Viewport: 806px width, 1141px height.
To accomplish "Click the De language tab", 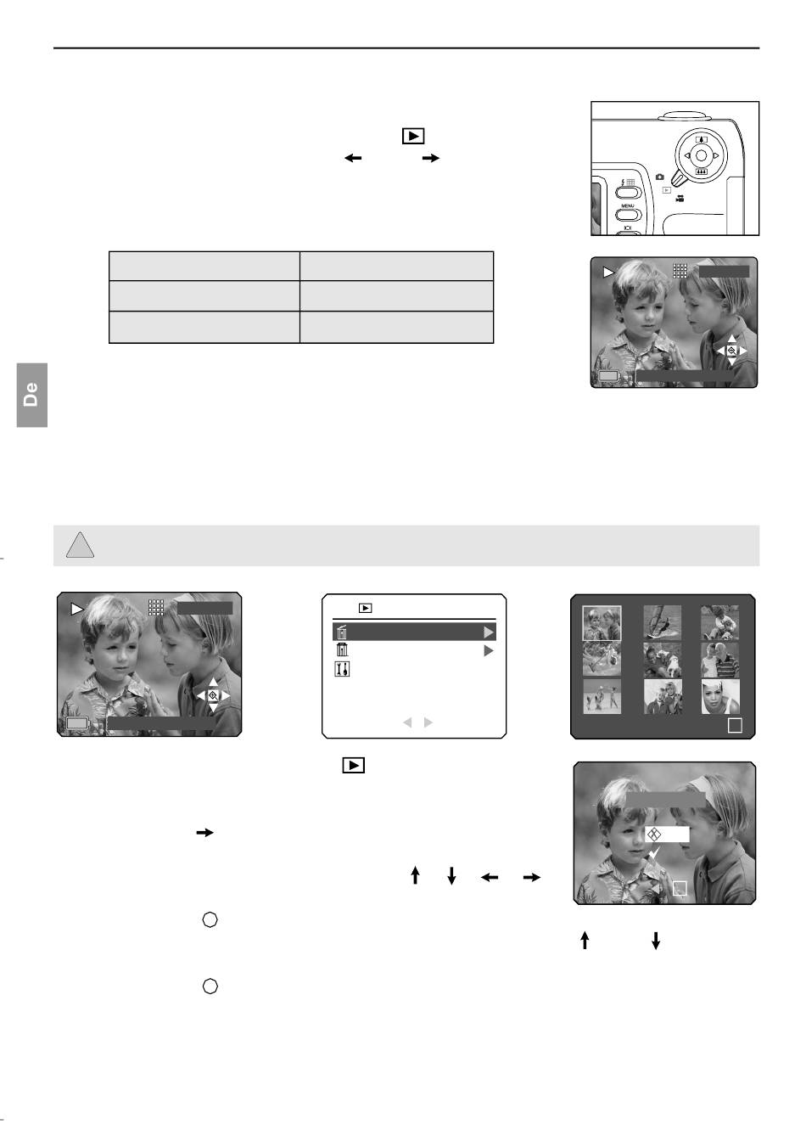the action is [x=32, y=395].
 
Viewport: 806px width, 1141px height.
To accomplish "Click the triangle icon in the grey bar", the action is [x=80, y=546].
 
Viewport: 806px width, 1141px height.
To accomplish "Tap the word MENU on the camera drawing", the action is [x=627, y=205].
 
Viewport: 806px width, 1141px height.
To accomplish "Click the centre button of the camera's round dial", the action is [x=701, y=155].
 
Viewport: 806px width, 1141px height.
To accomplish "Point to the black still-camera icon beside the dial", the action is [x=660, y=177].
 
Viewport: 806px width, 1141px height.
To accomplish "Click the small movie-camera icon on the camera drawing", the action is [x=680, y=199].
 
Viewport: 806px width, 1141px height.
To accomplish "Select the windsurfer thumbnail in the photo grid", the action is [x=662, y=622].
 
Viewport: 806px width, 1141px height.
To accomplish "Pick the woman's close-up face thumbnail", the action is [x=720, y=696].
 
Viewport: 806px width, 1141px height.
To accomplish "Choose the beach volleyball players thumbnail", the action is [x=602, y=696].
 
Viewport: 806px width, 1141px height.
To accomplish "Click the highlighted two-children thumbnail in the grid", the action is [x=602, y=622].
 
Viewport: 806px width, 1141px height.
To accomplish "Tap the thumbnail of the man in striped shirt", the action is [x=720, y=660].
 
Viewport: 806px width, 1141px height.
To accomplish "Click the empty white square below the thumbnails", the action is [x=735, y=725].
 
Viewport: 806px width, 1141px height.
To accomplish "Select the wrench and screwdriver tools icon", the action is [x=342, y=669].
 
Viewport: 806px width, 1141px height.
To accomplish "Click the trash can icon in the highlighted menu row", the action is [x=342, y=632].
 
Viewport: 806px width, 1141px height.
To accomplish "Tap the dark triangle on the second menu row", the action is [x=489, y=650].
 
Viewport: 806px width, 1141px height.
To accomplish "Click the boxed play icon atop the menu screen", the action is [x=365, y=608].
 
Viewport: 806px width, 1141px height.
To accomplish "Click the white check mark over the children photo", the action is [x=654, y=853].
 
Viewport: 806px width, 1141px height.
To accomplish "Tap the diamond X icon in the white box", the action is [x=654, y=834].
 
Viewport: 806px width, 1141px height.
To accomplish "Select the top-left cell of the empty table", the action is [x=204, y=266].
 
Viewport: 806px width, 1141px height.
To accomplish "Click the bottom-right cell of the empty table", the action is [x=396, y=327].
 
